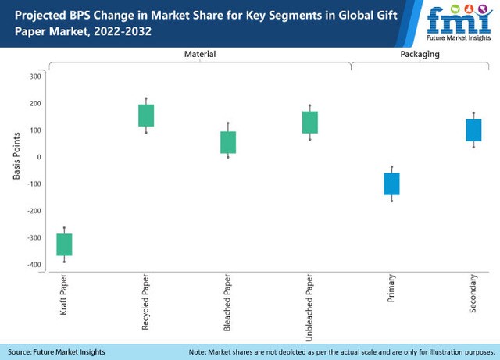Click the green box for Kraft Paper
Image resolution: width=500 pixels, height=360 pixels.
64,244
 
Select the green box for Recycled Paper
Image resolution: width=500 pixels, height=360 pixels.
147,115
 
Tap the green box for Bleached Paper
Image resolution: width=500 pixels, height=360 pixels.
228,141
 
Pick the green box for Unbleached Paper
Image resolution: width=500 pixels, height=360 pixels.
310,122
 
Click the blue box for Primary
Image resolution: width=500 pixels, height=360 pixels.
391,184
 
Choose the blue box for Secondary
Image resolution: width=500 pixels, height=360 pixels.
473,130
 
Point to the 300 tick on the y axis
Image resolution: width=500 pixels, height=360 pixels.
34,76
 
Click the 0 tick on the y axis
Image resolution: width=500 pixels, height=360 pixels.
38,157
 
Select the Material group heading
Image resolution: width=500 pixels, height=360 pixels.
199,55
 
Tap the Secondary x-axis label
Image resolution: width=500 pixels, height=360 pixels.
473,294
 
